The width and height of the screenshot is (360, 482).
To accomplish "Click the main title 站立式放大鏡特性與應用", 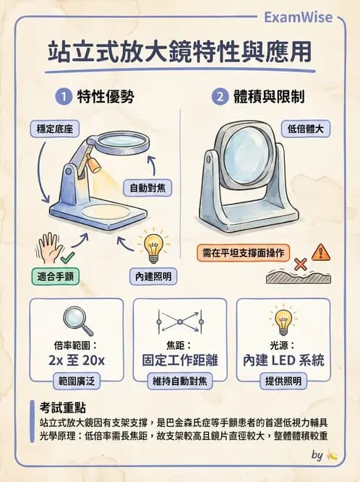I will [180, 53].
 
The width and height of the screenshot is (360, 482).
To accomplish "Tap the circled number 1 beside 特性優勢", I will [65, 96].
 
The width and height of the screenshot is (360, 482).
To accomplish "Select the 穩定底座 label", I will [53, 130].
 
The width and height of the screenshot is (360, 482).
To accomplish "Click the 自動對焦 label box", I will [147, 188].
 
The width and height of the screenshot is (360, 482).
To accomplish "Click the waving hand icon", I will [51, 246].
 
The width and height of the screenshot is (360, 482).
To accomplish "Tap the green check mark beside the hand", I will [68, 257].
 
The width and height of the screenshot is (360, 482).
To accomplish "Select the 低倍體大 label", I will [306, 130].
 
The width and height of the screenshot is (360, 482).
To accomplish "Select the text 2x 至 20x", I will [77, 359].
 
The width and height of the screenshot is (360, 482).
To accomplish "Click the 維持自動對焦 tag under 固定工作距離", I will [180, 381].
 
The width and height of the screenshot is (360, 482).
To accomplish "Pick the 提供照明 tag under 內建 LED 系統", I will [283, 381].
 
